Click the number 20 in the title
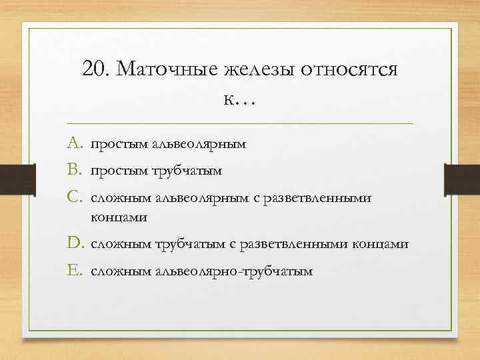(97, 69)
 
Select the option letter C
(75, 198)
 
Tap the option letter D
(75, 244)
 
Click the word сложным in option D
(121, 245)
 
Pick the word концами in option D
(378, 245)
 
